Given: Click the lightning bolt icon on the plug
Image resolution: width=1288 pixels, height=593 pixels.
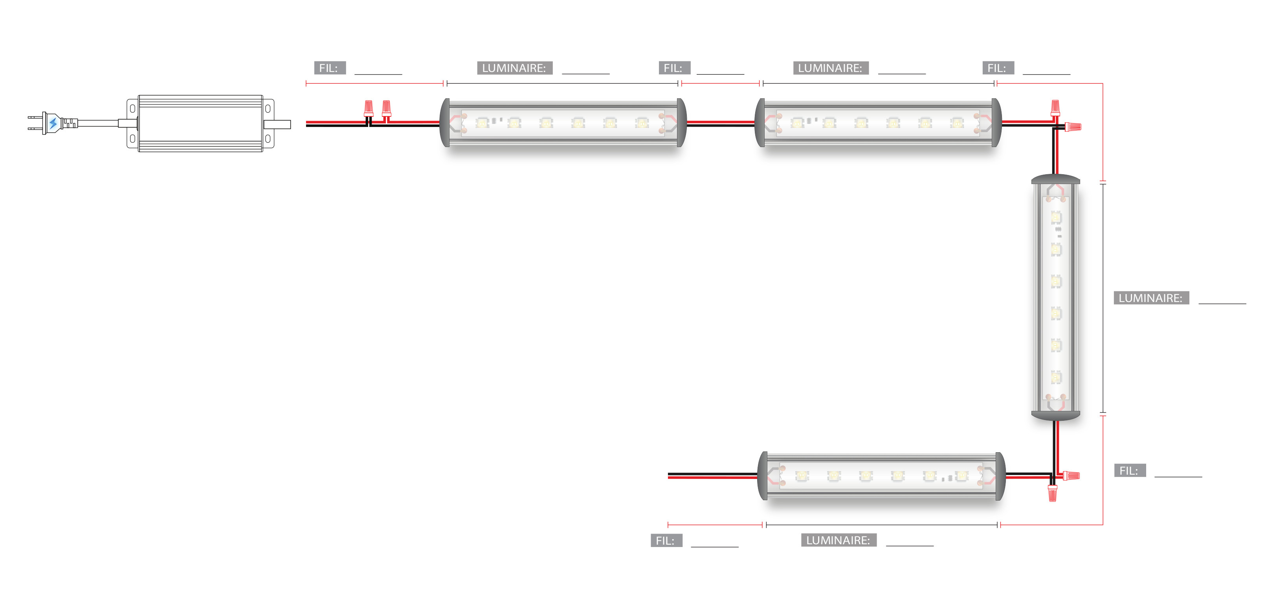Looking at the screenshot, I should [53, 123].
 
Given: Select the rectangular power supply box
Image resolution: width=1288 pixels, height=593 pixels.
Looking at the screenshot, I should [200, 123].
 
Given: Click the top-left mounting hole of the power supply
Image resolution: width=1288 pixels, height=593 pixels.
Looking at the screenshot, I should [132, 108].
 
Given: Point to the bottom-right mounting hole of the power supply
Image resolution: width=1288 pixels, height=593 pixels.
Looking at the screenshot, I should [268, 138].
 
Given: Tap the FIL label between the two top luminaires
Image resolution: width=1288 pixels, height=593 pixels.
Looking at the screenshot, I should [674, 68].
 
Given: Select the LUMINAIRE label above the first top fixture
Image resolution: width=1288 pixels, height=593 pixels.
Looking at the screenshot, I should [514, 68].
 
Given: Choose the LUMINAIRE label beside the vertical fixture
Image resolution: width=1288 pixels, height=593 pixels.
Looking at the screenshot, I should [1150, 298].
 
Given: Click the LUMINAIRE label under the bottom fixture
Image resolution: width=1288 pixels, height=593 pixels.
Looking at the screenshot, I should [838, 540].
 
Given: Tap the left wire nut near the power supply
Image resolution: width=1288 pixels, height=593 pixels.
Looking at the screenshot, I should [369, 108].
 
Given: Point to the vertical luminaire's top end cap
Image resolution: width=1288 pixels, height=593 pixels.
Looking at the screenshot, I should [1055, 179].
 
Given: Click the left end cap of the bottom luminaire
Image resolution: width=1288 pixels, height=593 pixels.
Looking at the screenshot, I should [763, 475].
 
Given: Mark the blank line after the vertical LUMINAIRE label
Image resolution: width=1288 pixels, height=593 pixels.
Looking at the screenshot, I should [1222, 303].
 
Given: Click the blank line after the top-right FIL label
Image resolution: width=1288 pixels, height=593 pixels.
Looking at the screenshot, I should [1046, 74].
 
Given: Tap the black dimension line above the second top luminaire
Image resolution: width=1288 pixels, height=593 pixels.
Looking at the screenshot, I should [879, 84].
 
